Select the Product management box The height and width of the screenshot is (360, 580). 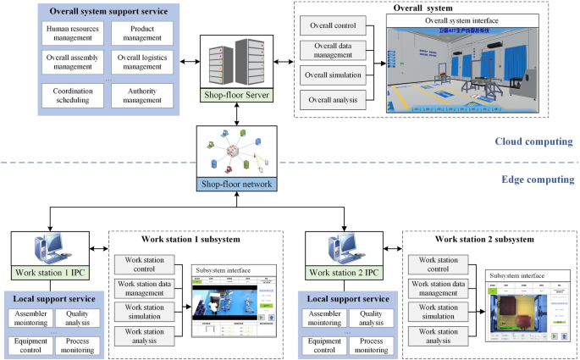click(x=141, y=34)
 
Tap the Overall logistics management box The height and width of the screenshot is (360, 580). click(x=141, y=63)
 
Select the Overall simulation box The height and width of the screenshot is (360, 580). click(x=333, y=75)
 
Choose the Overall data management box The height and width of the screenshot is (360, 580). click(x=333, y=48)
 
